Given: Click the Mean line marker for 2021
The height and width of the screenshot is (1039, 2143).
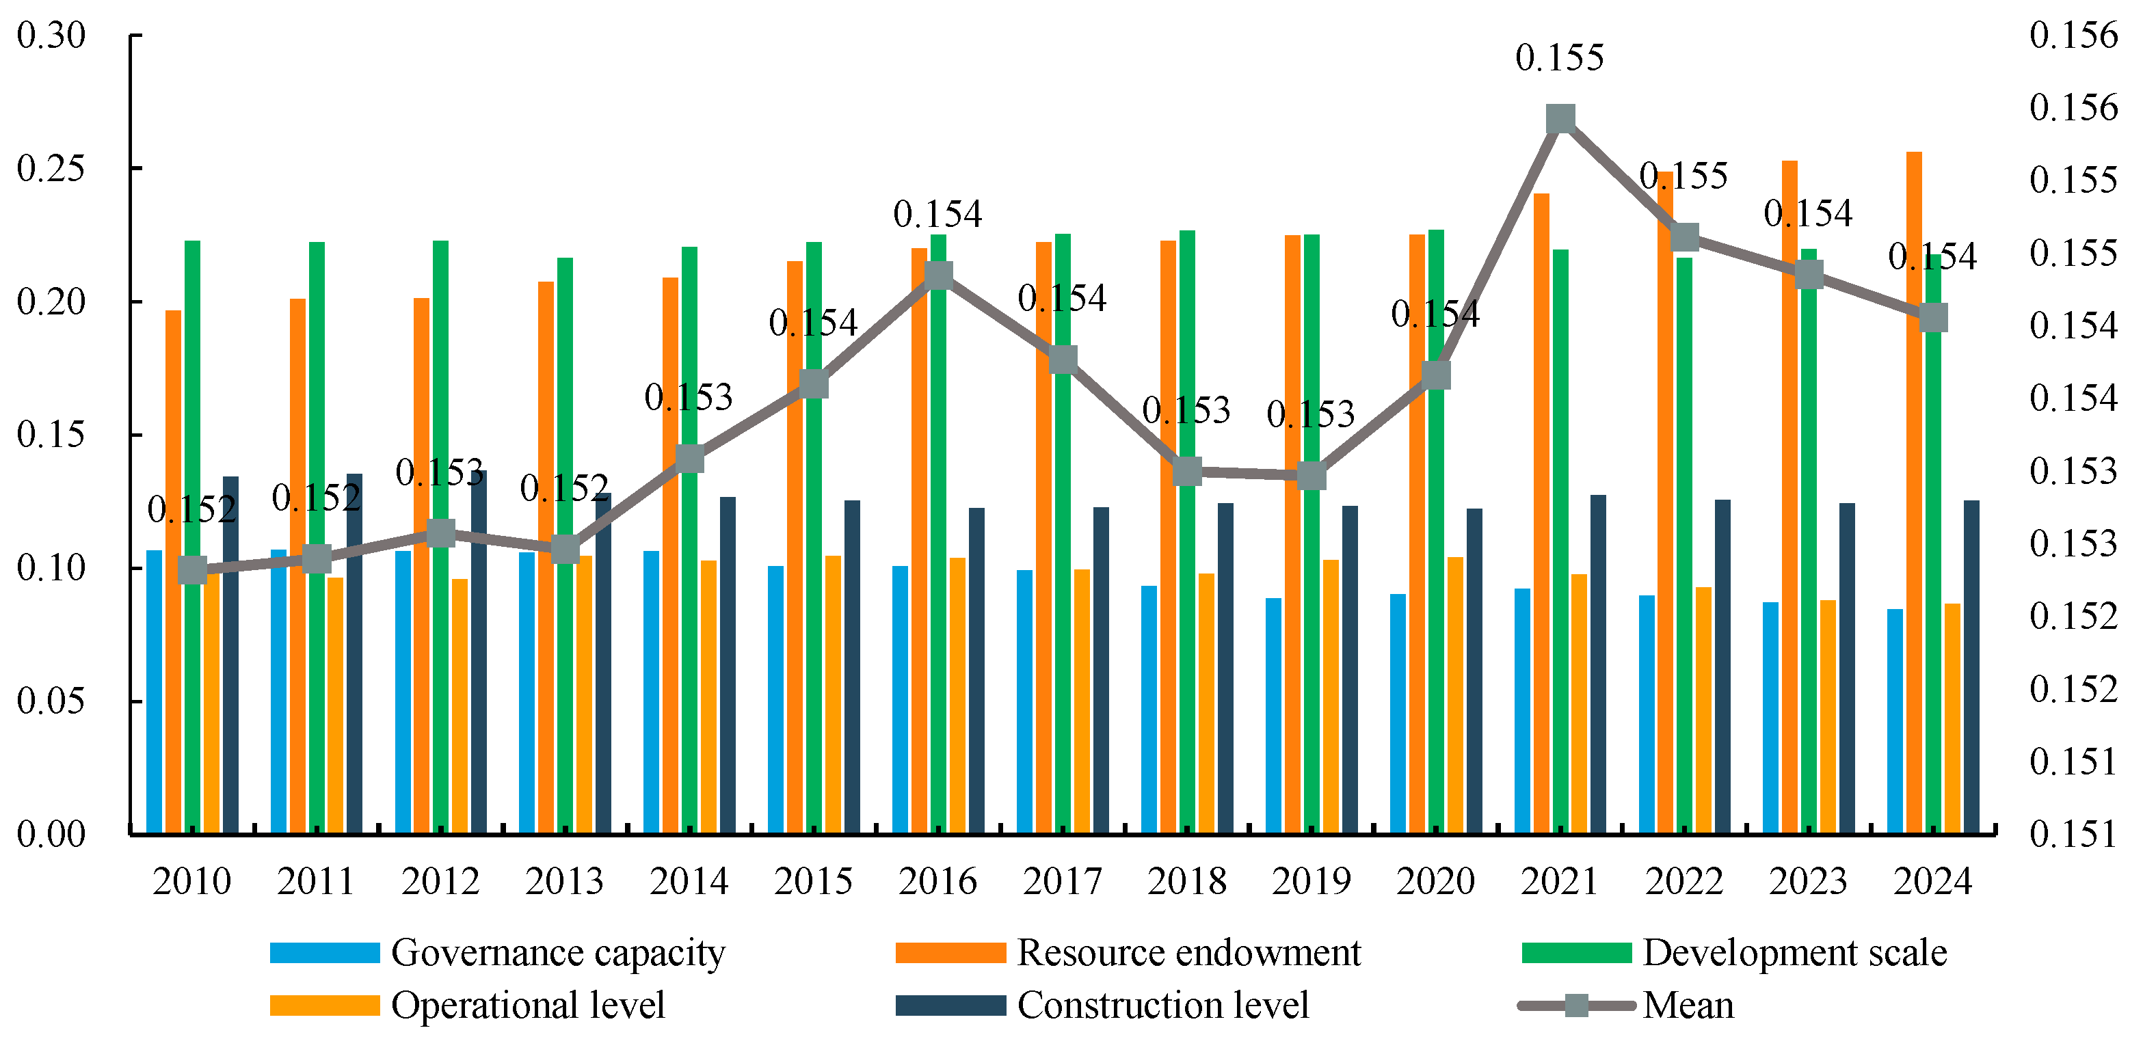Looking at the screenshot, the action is [x=1560, y=119].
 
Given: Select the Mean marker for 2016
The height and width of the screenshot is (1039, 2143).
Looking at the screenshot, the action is [x=938, y=275].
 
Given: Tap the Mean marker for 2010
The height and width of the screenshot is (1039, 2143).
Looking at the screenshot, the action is [x=192, y=571].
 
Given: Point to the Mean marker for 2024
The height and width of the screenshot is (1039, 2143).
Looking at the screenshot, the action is [x=1932, y=317].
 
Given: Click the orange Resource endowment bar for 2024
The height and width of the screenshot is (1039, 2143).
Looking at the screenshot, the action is [x=1913, y=492].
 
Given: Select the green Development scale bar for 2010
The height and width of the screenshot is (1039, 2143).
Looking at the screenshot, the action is [x=192, y=537].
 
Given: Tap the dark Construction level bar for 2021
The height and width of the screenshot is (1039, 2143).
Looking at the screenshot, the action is [x=1598, y=664].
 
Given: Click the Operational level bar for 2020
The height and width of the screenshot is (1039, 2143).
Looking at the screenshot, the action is [x=1455, y=695].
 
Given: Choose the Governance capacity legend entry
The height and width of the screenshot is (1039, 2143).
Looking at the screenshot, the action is [x=498, y=952].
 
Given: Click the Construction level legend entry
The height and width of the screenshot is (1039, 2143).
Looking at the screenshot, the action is [x=1102, y=1005].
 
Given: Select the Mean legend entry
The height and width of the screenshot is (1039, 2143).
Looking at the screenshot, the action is [x=1626, y=1005].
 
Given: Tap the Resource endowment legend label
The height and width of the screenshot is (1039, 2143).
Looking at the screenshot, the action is [x=1189, y=952].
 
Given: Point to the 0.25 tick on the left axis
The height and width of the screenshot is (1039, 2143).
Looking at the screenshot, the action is [x=51, y=168].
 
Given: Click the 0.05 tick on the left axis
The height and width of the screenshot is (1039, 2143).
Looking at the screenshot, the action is [x=51, y=701].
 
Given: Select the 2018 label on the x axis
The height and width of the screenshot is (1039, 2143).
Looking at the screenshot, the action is [x=1186, y=881].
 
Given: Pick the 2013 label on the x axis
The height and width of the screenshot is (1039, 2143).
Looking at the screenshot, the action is [x=564, y=881].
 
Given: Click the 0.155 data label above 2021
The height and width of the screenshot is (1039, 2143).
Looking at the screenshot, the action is [x=1560, y=57].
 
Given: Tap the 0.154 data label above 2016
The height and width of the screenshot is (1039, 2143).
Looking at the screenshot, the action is [x=937, y=214].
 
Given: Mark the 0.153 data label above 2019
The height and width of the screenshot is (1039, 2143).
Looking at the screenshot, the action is [x=1311, y=414].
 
